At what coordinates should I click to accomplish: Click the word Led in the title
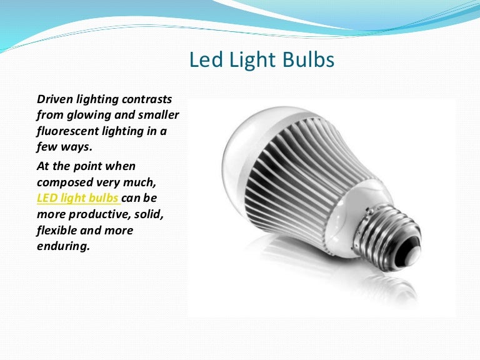coord(201,60)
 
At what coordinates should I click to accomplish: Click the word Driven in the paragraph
coord(53,99)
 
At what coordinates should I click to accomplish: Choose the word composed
coord(64,182)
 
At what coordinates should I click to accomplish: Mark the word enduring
coord(63,246)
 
